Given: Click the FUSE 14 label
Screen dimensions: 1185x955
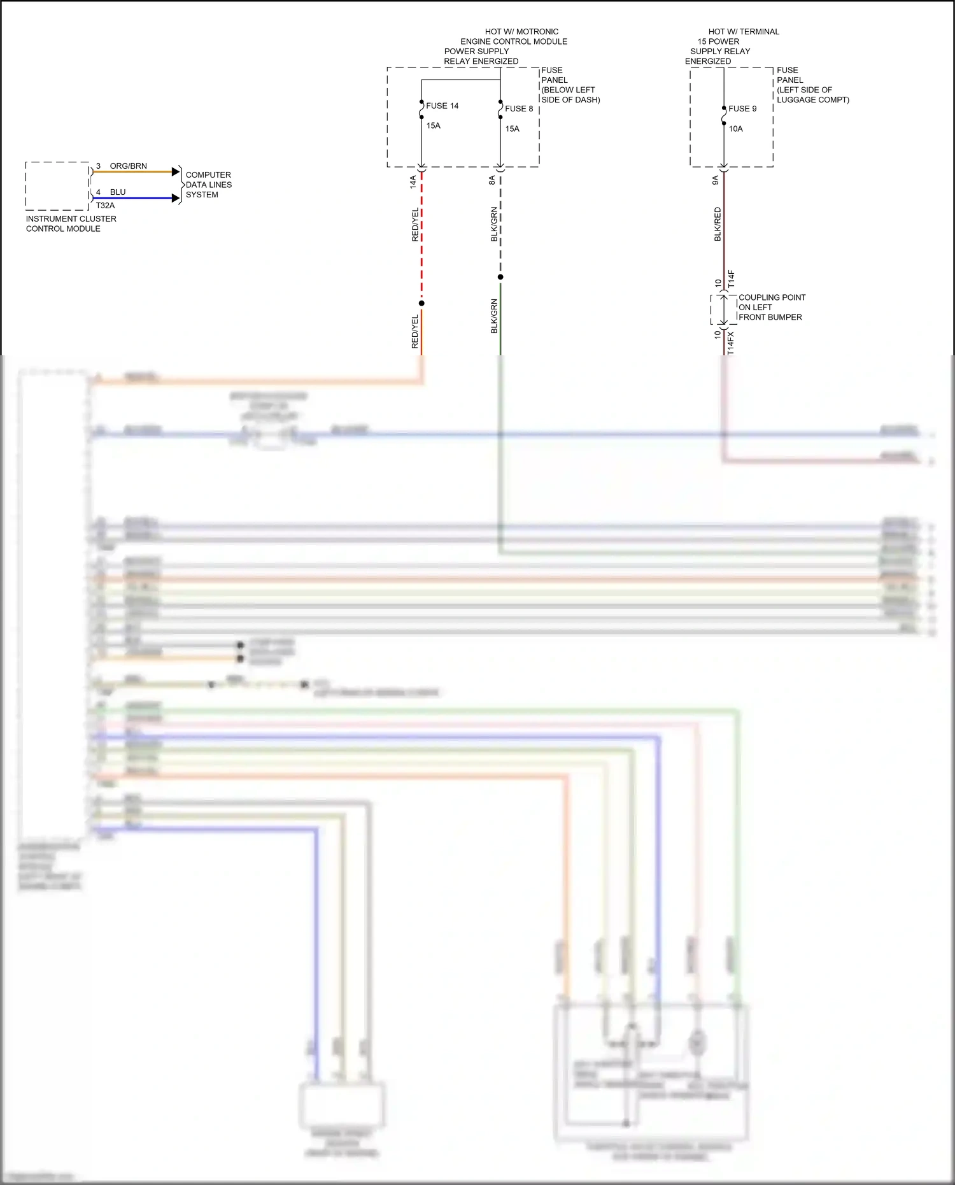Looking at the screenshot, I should click(x=442, y=106).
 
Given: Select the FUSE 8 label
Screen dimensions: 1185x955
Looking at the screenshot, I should click(x=519, y=109).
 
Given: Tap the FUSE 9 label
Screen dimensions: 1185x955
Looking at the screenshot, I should click(x=742, y=109).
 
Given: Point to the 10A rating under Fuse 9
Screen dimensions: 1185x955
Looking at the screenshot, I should click(x=735, y=129).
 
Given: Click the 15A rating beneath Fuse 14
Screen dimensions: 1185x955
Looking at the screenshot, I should click(x=434, y=126).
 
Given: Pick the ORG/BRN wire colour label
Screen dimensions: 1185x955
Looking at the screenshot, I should click(x=128, y=166).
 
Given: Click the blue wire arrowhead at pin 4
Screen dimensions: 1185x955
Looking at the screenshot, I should click(x=176, y=198).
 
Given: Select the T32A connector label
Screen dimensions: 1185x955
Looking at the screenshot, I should click(x=105, y=206).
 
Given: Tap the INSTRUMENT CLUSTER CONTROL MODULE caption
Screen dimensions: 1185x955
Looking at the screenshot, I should click(x=71, y=224).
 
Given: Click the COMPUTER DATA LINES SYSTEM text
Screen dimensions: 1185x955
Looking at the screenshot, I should click(x=208, y=185).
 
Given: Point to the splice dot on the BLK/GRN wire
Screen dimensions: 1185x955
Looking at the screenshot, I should click(x=500, y=277).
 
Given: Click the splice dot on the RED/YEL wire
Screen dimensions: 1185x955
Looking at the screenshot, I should click(x=421, y=303).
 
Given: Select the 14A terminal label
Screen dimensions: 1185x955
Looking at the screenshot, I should click(x=413, y=181).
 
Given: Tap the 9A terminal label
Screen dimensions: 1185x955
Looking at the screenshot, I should click(x=715, y=181).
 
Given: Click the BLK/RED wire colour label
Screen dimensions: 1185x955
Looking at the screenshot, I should click(x=718, y=224).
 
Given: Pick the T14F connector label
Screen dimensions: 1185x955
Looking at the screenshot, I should click(x=731, y=278).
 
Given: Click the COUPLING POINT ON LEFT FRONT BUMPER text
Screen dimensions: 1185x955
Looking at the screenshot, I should click(x=771, y=307).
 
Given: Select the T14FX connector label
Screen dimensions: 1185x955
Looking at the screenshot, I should click(x=730, y=343).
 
